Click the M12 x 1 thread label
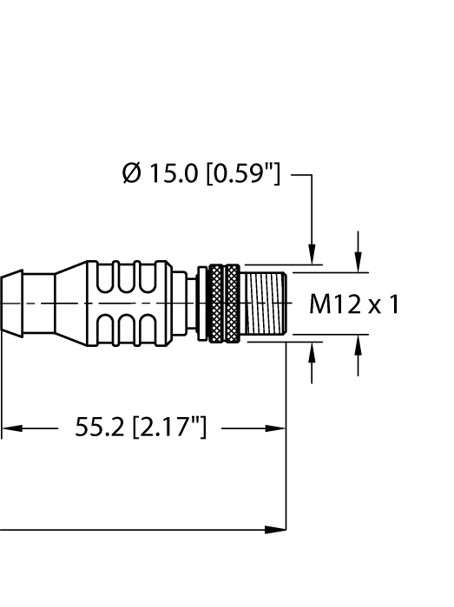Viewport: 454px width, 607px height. [354, 304]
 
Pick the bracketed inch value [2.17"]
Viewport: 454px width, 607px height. [168, 428]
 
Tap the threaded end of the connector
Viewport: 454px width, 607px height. [265, 303]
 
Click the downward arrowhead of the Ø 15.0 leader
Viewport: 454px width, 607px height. [313, 256]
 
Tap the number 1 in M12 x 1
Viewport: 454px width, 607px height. [395, 304]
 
